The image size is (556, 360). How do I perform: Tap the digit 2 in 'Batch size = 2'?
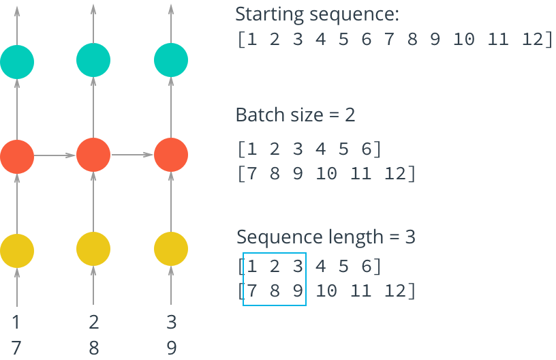[x=350, y=115]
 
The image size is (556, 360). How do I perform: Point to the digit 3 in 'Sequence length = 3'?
[x=410, y=237]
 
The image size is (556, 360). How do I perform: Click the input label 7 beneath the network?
[x=17, y=348]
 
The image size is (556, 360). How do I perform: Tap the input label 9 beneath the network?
[x=171, y=348]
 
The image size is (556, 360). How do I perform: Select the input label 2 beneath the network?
[x=94, y=322]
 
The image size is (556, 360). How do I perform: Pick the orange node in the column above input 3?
[x=171, y=155]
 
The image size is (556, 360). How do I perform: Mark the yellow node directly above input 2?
[x=94, y=249]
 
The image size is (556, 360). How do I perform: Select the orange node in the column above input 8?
[x=94, y=155]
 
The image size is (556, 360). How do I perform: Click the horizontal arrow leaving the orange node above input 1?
[x=55, y=155]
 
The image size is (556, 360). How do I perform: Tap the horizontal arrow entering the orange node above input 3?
[x=132, y=155]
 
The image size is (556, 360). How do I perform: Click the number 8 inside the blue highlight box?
[x=275, y=291]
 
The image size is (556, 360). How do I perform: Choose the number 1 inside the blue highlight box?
[x=253, y=265]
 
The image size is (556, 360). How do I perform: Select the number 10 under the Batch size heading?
[x=327, y=174]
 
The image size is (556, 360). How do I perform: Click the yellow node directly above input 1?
[x=17, y=249]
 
